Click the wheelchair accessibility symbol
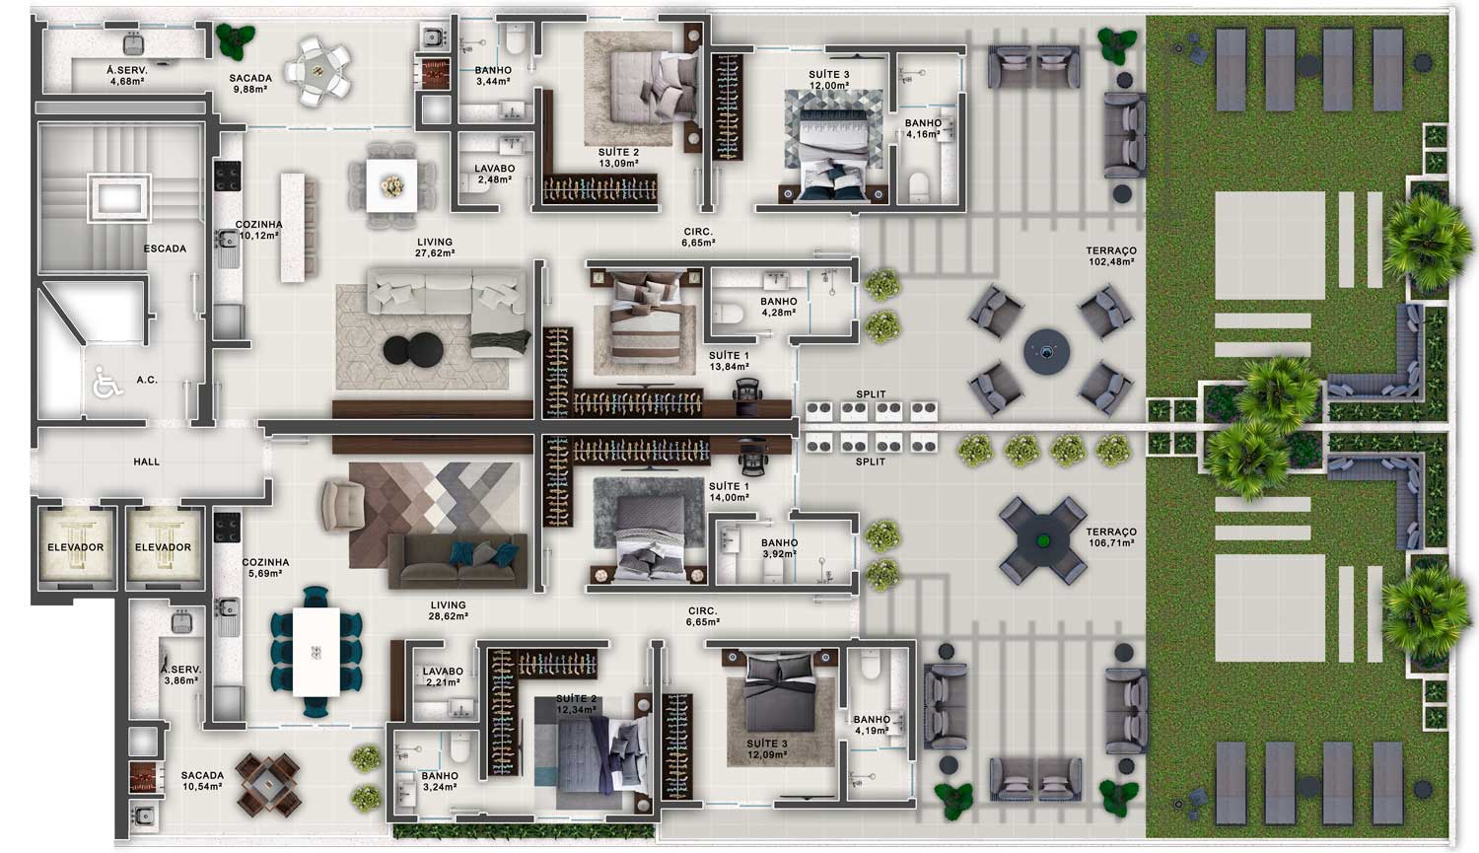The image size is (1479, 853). tap(106, 383)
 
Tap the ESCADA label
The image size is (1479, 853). tap(165, 249)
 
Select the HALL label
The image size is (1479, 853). tap(147, 462)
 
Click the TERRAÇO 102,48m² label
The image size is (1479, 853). tap(1111, 256)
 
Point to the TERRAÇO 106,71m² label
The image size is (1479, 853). tap(1111, 537)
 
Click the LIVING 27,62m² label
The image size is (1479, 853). tap(435, 248)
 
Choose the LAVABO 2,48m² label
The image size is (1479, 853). tap(495, 174)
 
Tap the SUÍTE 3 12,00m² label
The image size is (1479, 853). tap(829, 80)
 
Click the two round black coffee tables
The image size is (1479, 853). tap(413, 349)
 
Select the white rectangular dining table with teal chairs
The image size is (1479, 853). tap(317, 652)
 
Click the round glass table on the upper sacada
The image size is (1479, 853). tap(317, 71)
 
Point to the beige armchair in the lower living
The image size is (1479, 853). tap(343, 506)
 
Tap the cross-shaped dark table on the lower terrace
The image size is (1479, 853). tap(1042, 540)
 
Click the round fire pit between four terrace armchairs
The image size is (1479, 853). tap(1046, 352)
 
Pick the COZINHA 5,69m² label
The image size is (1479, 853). tap(265, 568)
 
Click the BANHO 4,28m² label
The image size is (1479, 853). tap(779, 307)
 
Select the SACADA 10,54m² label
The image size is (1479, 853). tap(202, 781)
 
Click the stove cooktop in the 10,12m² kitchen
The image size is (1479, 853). tap(228, 176)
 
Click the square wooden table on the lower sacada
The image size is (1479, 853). tap(267, 785)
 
